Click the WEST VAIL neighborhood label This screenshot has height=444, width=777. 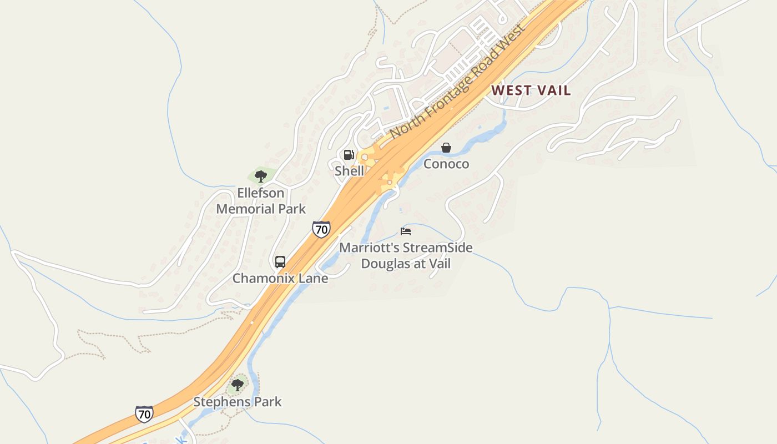click(x=531, y=90)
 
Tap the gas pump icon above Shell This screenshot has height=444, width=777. click(x=349, y=155)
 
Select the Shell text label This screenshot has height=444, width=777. click(x=349, y=171)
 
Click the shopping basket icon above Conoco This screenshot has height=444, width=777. click(x=446, y=148)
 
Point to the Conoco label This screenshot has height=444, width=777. click(x=446, y=164)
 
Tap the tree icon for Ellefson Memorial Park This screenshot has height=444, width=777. click(x=261, y=176)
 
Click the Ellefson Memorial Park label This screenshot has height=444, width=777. click(x=261, y=201)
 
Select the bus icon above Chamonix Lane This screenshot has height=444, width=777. click(x=280, y=262)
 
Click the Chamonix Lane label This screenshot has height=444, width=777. click(x=280, y=278)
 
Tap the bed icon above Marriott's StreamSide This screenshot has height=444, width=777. click(x=406, y=231)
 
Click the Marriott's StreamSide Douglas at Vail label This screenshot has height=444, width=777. click(x=406, y=255)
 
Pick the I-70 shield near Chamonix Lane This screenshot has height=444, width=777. click(x=321, y=229)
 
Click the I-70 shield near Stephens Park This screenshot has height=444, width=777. click(x=144, y=413)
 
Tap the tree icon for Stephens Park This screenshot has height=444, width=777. click(x=238, y=385)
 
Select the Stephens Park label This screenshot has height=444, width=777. click(x=238, y=401)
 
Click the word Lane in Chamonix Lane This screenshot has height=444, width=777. click(x=314, y=278)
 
